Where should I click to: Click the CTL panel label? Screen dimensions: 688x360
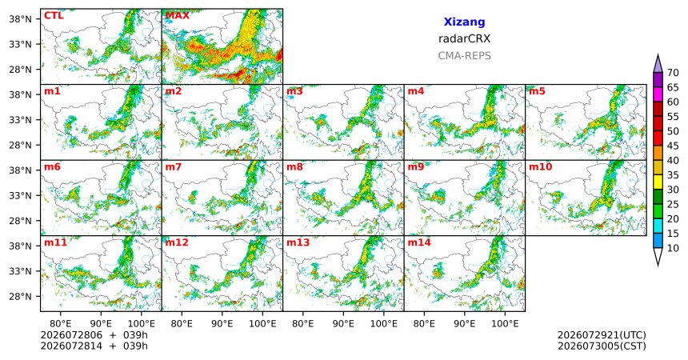[x=54, y=16]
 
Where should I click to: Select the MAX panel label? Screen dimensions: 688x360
[x=178, y=16]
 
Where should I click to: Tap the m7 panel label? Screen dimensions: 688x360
[x=173, y=167]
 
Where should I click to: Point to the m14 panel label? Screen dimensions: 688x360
[x=419, y=242]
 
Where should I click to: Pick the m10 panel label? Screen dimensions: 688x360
[x=540, y=167]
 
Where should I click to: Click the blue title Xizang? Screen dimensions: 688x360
[x=464, y=22]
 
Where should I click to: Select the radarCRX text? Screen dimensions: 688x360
[x=464, y=38]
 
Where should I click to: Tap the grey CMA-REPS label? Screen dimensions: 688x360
[x=464, y=56]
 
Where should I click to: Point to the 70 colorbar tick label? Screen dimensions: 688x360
[x=673, y=73]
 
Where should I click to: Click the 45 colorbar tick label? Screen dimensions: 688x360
[x=673, y=146]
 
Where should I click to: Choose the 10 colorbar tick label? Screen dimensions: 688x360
[x=673, y=248]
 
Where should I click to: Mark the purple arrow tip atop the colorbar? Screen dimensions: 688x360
[x=658, y=55]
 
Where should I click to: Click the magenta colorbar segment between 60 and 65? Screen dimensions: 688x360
[x=658, y=94]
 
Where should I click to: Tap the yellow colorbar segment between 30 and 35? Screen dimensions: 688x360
[x=658, y=182]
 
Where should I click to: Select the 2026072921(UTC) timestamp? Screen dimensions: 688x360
[x=602, y=335]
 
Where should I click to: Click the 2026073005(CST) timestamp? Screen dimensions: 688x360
[x=602, y=346]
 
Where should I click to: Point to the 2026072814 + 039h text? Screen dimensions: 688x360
[x=94, y=346]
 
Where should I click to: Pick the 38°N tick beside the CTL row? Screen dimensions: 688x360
[x=20, y=19]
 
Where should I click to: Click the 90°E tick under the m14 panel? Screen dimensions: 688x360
[x=464, y=324]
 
